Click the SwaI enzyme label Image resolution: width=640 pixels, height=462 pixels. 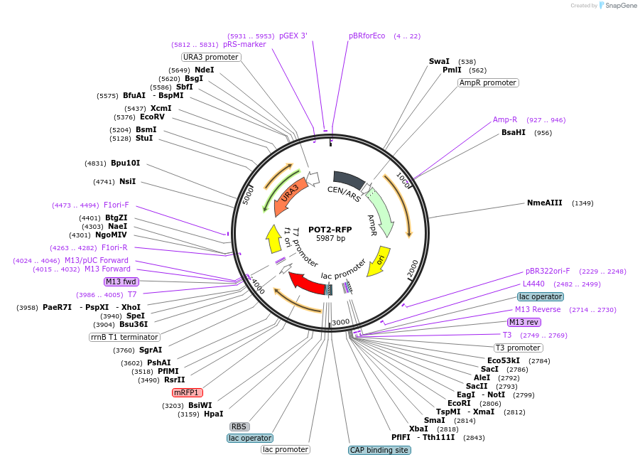point(439,62)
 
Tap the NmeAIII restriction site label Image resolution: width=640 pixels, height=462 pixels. point(544,203)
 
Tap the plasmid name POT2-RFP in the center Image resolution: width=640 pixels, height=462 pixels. point(330,230)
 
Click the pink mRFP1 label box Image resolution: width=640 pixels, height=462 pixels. point(188,392)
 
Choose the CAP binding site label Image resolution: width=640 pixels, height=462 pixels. point(379,450)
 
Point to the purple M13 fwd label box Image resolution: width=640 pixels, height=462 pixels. point(121,281)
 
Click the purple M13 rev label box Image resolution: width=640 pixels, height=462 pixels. point(523,322)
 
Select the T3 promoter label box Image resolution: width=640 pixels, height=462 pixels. point(518,348)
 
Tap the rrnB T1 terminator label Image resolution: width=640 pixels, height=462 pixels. point(124,337)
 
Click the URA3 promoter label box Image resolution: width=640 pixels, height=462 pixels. point(211,57)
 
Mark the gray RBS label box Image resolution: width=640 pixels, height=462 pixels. point(239,426)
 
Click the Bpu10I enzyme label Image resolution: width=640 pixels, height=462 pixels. point(125,163)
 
